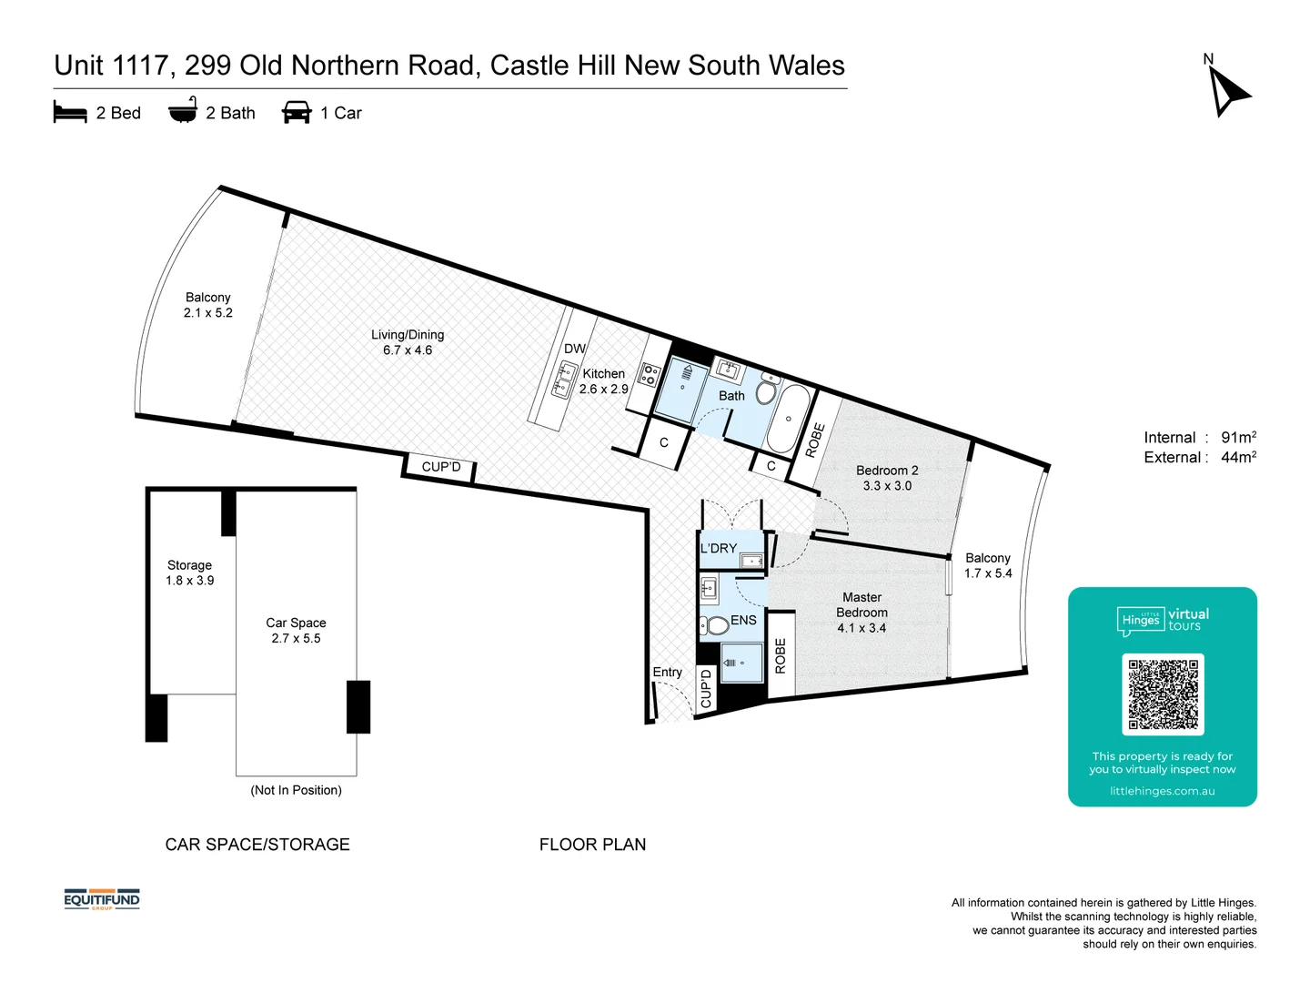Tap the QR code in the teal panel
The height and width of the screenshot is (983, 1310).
tap(1163, 694)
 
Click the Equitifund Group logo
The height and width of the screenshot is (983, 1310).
tap(102, 900)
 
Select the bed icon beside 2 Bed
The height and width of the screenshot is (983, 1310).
tap(70, 113)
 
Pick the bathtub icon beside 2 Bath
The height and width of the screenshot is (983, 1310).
tap(183, 111)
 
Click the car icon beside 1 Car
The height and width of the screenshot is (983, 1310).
tap(297, 113)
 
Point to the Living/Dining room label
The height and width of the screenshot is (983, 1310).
tap(408, 342)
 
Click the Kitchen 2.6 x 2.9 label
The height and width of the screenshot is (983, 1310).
tap(603, 381)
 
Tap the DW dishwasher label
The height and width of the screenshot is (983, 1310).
tap(574, 349)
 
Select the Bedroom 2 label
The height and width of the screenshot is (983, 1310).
tap(887, 478)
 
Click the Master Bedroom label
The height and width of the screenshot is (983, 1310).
tap(862, 613)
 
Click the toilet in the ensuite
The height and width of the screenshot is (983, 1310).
tap(714, 625)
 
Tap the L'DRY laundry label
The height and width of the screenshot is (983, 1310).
tap(719, 548)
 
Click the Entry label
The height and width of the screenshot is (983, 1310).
tap(667, 672)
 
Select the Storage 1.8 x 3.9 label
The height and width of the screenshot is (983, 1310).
tap(189, 573)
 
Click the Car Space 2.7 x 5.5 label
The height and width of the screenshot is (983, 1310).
tap(296, 630)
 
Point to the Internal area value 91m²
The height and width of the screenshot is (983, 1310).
tap(1238, 438)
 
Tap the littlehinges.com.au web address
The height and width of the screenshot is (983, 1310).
tap(1162, 791)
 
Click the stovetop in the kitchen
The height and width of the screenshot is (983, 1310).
tap(650, 375)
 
